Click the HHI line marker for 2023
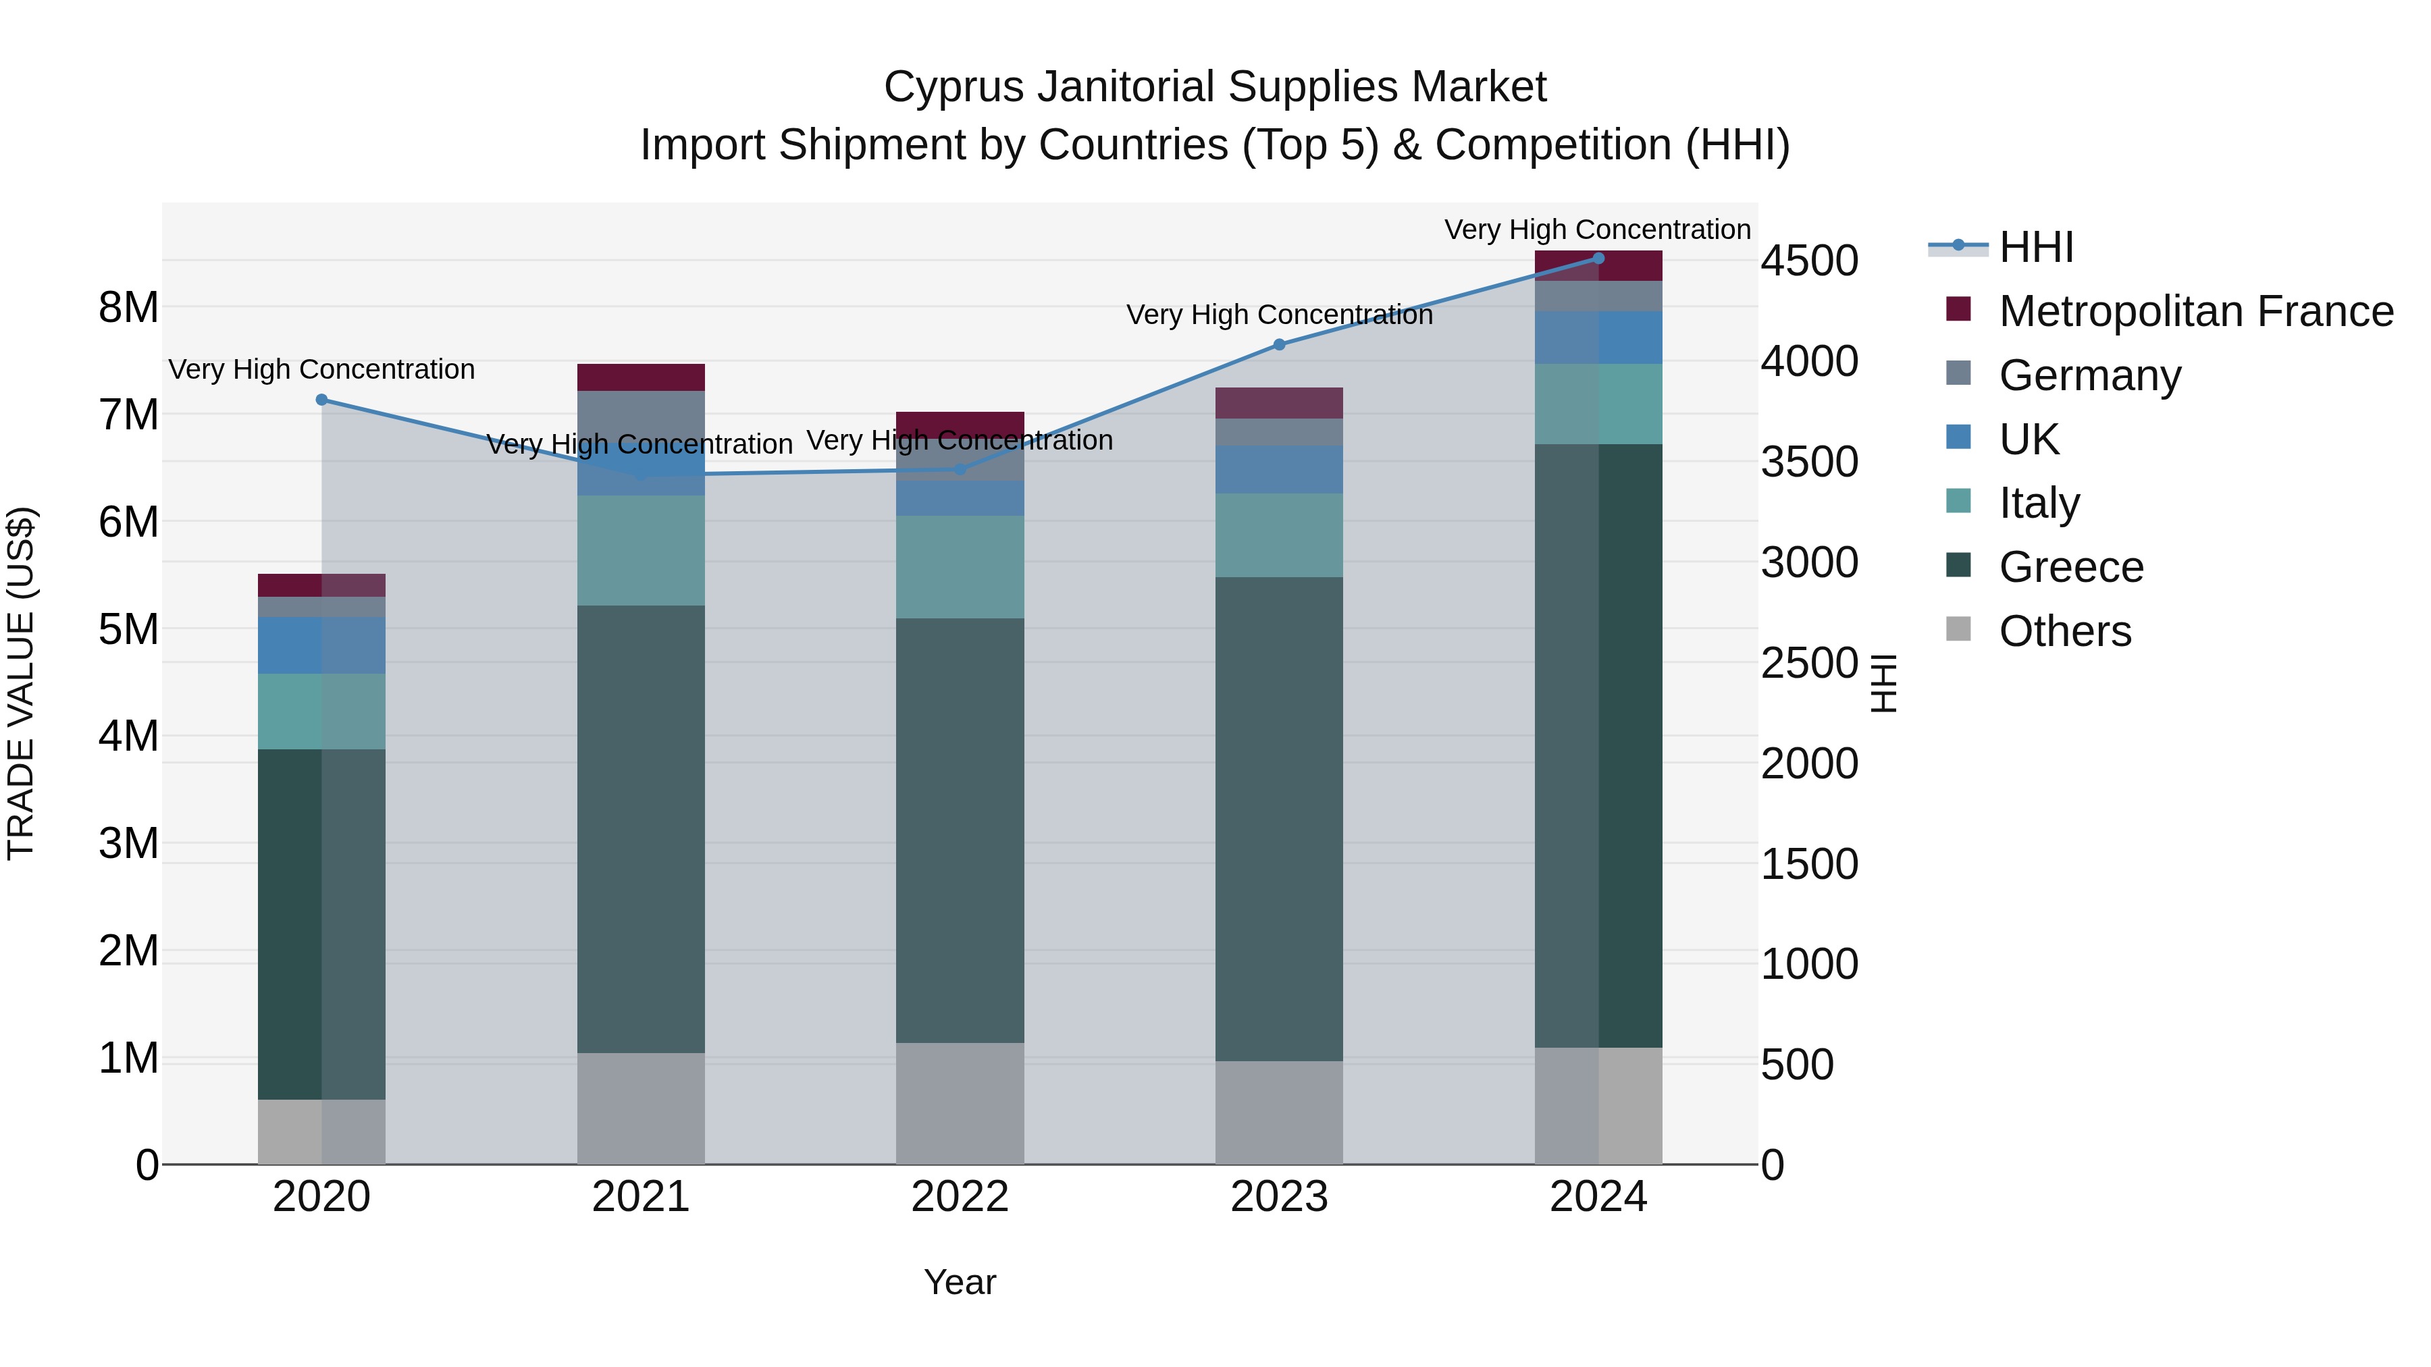1279,344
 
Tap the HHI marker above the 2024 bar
1598,259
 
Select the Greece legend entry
2070,567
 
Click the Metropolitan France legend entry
2195,311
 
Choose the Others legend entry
2065,631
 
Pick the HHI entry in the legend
2035,247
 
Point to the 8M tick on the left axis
128,308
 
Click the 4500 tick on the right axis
1809,261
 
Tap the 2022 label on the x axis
960,1197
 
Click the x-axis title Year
960,1282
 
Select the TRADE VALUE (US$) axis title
22,683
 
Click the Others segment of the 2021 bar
641,1108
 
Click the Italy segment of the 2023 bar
1279,535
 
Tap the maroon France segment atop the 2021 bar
641,377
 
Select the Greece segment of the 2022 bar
960,830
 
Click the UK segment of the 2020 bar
322,645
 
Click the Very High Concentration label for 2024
1597,230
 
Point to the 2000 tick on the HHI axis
1809,763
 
